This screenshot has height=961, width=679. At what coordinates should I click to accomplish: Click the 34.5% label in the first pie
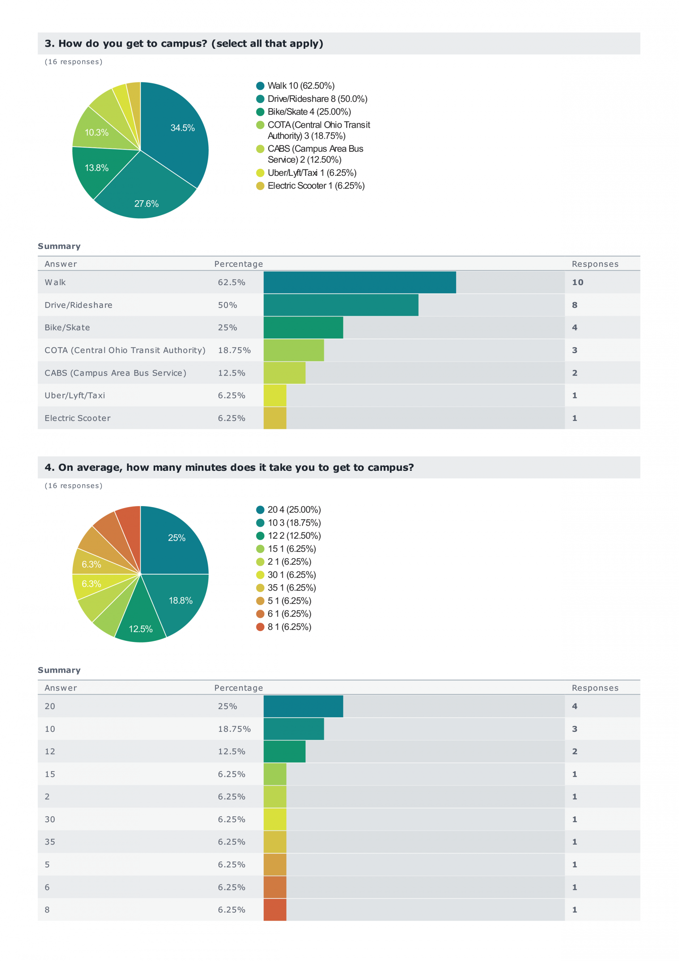[182, 128]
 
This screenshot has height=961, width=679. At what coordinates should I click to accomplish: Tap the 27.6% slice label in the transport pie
[146, 203]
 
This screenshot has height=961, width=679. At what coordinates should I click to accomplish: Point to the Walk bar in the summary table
[359, 282]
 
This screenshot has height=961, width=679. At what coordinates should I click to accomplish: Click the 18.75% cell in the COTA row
[234, 350]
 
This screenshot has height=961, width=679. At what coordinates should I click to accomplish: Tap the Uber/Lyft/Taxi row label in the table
[75, 395]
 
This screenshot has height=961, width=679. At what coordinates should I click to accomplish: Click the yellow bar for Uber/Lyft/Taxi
[275, 395]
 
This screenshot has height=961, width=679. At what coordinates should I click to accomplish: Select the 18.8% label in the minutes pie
[180, 600]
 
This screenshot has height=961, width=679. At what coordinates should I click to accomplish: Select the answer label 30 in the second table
[50, 819]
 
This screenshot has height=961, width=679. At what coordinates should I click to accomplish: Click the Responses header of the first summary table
[595, 264]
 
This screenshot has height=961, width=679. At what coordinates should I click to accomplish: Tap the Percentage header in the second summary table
[239, 688]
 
